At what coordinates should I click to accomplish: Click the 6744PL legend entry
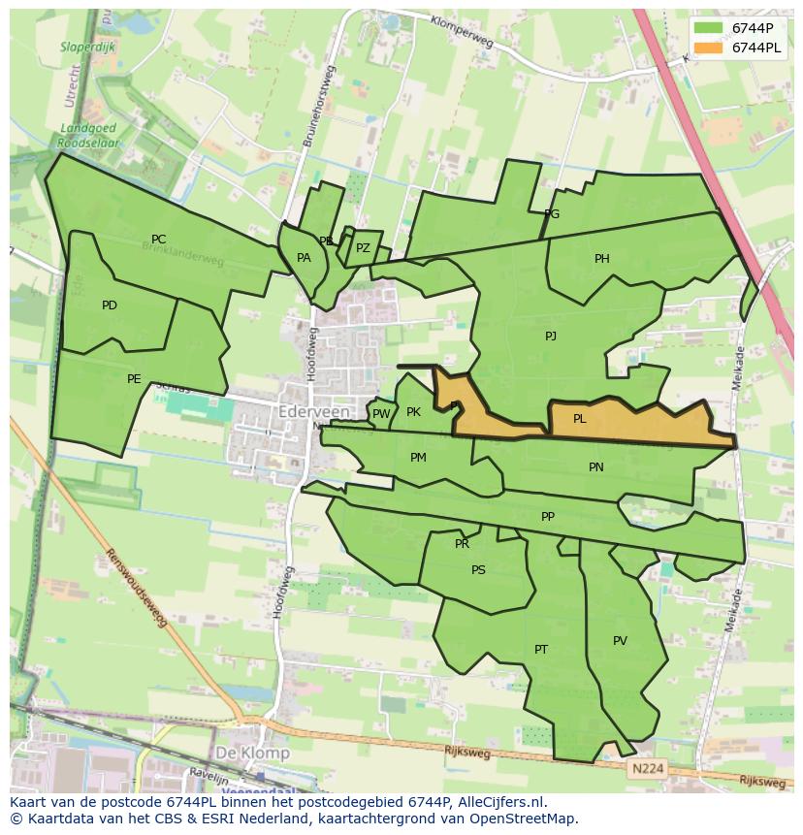(756, 48)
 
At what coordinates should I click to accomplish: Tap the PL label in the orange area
(580, 419)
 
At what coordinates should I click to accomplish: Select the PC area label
(159, 240)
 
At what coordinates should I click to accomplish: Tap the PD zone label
(110, 305)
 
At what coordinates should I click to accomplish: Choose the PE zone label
(134, 379)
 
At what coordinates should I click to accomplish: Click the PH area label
(602, 259)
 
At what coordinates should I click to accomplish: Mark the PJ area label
(551, 337)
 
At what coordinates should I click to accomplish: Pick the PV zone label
(621, 640)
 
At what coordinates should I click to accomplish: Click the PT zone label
(541, 649)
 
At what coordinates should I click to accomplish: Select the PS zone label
(478, 570)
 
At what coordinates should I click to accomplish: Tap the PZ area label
(363, 248)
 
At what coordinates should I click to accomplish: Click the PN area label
(596, 466)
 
